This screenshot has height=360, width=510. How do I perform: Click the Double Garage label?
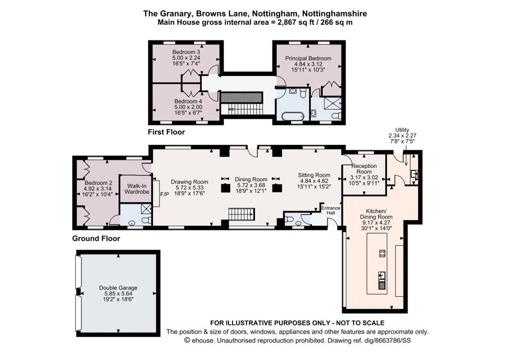click(118, 288)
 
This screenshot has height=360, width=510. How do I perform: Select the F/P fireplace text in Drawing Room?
click(164, 194)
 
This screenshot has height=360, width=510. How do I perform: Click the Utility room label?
click(402, 130)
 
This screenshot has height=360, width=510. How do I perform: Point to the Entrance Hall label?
click(330, 210)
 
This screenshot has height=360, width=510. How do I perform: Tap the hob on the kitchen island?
click(382, 253)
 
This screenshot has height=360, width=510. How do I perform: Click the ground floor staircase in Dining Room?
click(242, 215)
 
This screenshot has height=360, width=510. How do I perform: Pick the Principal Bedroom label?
click(308, 58)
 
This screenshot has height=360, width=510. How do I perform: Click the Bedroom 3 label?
click(186, 52)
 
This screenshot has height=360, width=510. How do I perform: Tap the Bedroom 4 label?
click(186, 101)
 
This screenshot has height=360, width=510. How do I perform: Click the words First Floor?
click(166, 132)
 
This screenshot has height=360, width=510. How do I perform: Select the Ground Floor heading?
click(96, 239)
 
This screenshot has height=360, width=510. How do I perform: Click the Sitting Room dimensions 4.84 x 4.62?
click(314, 181)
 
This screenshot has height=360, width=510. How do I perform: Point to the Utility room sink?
click(414, 174)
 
